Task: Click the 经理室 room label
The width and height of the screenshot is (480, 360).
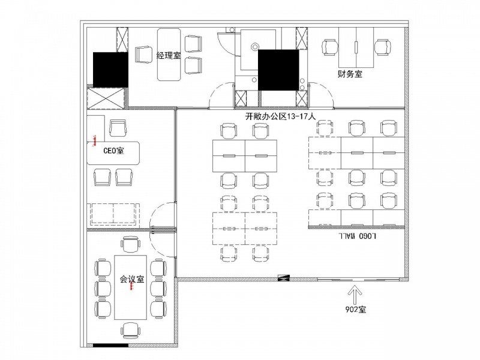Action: click(169, 55)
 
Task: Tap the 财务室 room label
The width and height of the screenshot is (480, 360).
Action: click(350, 74)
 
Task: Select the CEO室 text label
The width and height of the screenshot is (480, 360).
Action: click(113, 151)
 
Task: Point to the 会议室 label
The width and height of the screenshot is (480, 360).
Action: click(131, 279)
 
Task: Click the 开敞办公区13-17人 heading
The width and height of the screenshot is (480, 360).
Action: click(280, 116)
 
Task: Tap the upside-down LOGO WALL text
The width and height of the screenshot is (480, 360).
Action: click(357, 235)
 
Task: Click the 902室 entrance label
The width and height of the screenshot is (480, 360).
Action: click(355, 310)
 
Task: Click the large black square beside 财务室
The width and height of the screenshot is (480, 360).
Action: click(278, 70)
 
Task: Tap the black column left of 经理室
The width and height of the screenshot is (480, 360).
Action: click(110, 70)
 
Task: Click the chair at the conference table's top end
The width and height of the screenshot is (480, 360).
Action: click(131, 244)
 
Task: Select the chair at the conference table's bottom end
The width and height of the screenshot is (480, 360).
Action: click(131, 330)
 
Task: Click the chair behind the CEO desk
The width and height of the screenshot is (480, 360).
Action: click(118, 128)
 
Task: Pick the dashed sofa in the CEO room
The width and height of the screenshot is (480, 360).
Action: click(113, 214)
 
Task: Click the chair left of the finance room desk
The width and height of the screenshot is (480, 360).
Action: click(330, 48)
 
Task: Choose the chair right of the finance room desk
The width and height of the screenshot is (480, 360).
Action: click(383, 48)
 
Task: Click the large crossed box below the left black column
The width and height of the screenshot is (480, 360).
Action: click(106, 98)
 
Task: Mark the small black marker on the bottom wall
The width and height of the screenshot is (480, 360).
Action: click(283, 278)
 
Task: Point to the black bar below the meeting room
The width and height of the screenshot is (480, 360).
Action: click(110, 346)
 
